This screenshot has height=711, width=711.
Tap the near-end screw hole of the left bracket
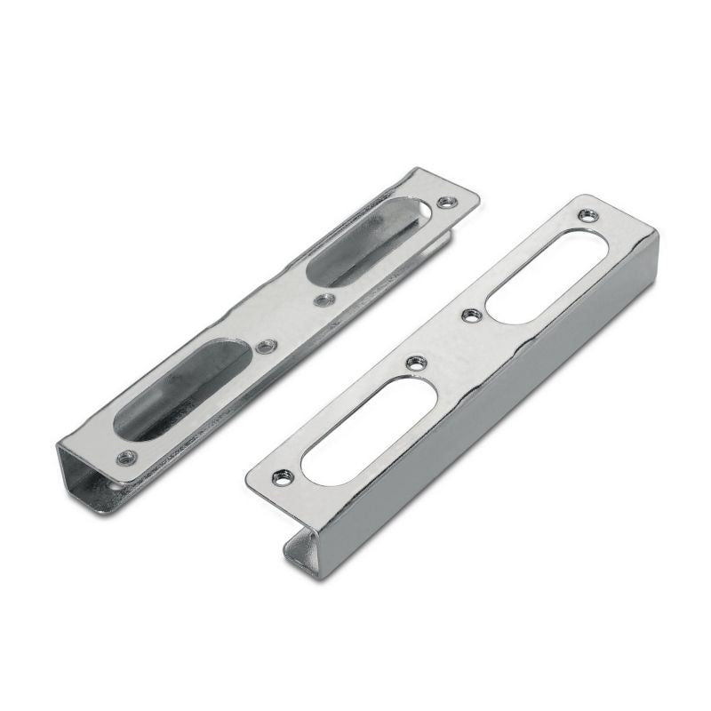click(127, 457)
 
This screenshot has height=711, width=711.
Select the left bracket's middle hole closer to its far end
click(325, 300)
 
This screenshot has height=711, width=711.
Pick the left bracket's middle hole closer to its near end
click(265, 346)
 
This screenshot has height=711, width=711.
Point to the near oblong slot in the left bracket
click(183, 387)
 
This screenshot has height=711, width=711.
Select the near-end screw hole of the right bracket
click(283, 477)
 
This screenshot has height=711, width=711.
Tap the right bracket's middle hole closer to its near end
click(414, 363)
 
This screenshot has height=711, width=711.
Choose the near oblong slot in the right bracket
click(369, 430)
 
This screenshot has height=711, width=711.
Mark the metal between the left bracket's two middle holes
click(295, 323)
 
